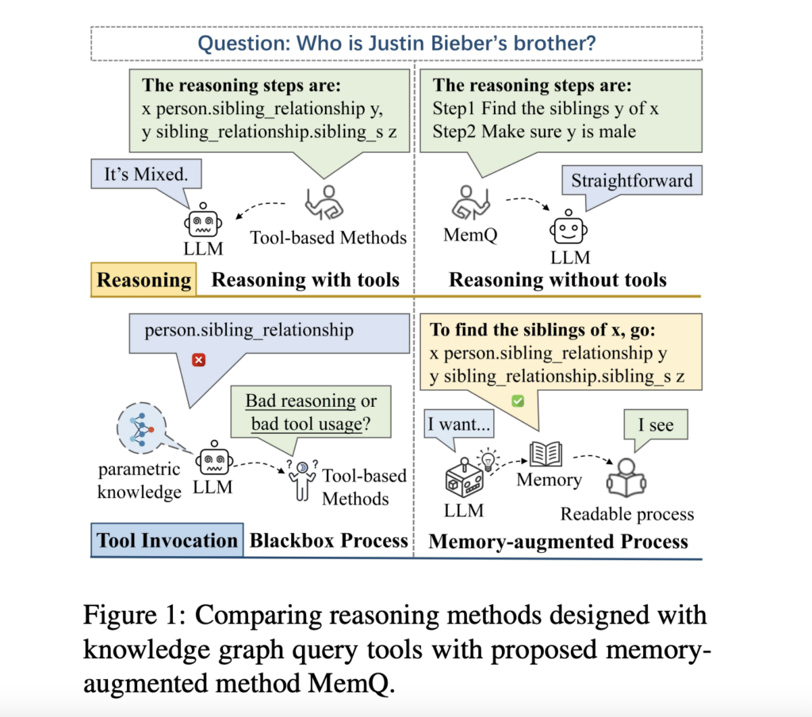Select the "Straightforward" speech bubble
[x=631, y=181]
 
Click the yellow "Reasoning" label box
[x=144, y=280]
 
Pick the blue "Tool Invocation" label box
[x=167, y=541]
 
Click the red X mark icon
[x=198, y=360]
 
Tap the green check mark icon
[x=518, y=402]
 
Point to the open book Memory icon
[x=546, y=454]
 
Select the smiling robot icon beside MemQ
[x=568, y=228]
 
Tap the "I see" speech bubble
[x=656, y=425]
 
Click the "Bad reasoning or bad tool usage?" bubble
[x=311, y=412]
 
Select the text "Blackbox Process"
[x=328, y=541]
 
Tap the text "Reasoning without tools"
[x=557, y=279]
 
